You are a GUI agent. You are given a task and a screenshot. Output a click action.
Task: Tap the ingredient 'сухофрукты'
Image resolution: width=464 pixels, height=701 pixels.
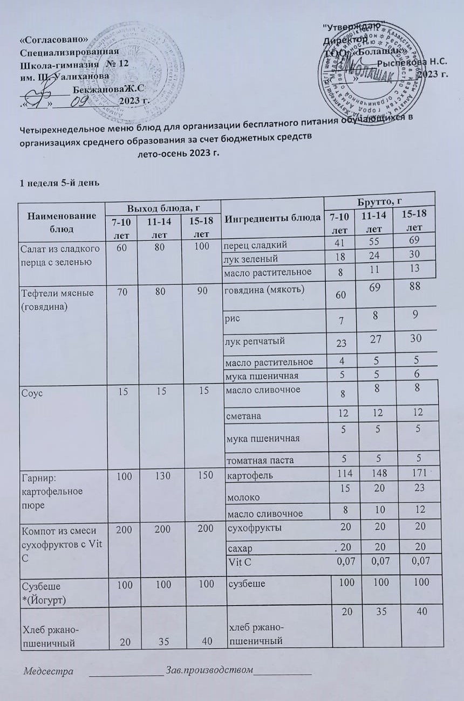coord(253,528)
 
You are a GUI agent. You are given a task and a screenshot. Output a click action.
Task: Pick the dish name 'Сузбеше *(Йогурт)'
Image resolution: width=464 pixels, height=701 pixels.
coord(40,591)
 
